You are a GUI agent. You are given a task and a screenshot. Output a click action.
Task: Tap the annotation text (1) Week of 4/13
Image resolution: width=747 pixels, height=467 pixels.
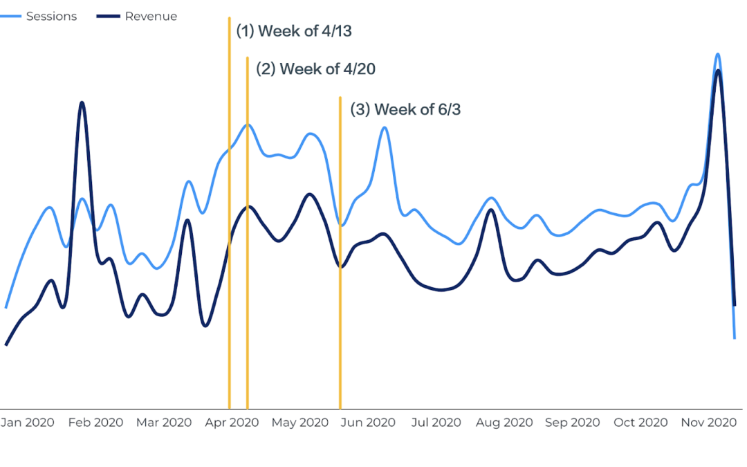[294, 31]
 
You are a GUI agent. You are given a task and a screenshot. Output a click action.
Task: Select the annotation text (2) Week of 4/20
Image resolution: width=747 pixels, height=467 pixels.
[315, 69]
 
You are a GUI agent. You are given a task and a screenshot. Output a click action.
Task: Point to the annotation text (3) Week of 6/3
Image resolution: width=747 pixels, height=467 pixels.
[405, 109]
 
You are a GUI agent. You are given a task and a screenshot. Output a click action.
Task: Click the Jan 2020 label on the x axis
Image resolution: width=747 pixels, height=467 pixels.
[27, 423]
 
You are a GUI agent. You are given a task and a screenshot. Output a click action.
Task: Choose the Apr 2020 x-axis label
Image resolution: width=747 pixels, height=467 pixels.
[232, 423]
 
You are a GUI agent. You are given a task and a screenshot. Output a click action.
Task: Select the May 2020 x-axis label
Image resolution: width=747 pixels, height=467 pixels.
[299, 423]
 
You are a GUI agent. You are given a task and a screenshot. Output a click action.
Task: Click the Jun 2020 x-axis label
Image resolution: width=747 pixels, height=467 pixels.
[367, 423]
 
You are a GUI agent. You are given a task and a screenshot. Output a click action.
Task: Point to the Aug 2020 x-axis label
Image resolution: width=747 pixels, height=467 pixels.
[504, 423]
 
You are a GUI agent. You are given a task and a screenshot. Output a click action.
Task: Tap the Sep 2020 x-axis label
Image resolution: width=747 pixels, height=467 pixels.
[572, 423]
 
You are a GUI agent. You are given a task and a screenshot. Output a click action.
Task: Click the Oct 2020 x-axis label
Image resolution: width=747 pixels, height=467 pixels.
[640, 423]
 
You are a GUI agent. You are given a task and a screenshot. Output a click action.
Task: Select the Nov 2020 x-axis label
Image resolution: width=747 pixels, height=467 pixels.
[709, 423]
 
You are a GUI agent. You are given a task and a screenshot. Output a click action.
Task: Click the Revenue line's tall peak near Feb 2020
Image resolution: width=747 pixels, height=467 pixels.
[82, 102]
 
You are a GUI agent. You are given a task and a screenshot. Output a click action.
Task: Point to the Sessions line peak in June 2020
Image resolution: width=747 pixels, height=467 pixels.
[383, 127]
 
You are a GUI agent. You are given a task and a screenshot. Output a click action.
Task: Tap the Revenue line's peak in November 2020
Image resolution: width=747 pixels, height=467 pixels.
[719, 71]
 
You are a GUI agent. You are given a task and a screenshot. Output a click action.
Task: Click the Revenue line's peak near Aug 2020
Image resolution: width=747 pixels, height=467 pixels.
[490, 209]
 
